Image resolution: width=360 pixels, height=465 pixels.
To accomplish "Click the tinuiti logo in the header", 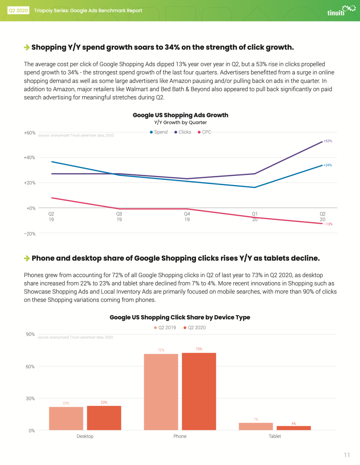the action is pos(341,10).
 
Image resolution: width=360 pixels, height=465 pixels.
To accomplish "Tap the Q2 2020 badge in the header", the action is pos(18,10).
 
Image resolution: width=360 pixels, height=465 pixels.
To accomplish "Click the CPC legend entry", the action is pos(204,132).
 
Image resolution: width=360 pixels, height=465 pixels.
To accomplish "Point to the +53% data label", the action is pos(328,141).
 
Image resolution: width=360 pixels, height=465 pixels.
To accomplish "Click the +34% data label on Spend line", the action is pos(328,165).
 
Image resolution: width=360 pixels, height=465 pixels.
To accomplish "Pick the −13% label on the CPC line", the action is pos(328,224).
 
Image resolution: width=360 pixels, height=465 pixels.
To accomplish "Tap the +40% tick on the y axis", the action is pos(29,158).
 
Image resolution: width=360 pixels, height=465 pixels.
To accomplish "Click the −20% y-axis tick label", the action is pos(30,234).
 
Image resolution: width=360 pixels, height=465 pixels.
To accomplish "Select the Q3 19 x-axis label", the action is pos(119,217).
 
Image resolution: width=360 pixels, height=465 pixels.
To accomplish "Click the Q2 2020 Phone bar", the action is pos(199,391).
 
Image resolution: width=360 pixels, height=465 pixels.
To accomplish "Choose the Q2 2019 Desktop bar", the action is pos(66,419).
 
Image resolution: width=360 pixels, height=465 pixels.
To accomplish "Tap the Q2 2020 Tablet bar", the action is pos(294,428).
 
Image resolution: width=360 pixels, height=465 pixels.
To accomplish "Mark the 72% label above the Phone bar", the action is pos(161,350).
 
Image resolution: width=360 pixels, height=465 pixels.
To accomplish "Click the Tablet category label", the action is pos(275,436).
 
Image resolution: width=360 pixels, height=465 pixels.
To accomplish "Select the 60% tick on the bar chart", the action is pos(30,366).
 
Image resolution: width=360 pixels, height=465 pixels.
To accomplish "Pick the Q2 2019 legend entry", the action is pos(165,328).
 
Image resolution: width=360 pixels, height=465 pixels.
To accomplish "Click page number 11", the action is pos(347,455).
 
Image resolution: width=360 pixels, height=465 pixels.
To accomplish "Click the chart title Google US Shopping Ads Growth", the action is pos(180,115).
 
